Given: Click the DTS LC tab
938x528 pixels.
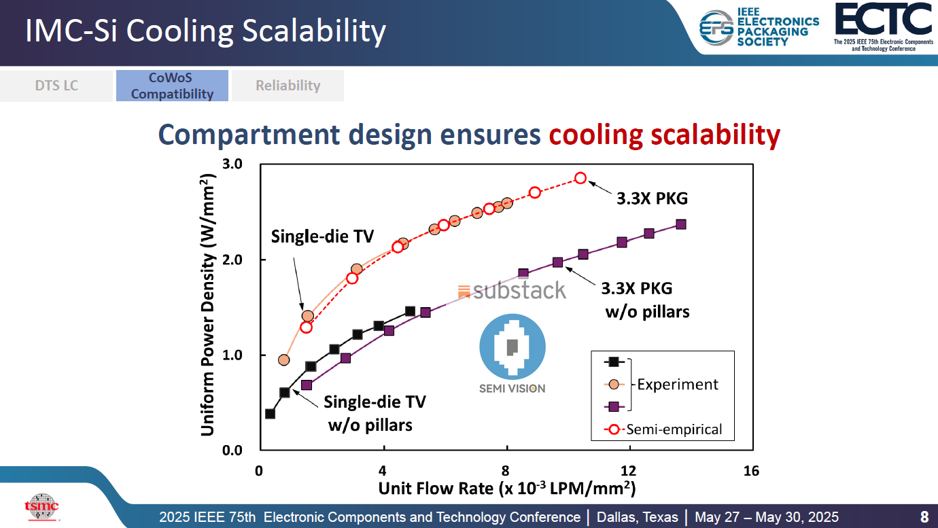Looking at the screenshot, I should (56, 86).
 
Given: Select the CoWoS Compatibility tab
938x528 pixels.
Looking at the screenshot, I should (172, 86).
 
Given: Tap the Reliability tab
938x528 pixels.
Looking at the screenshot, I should (288, 86).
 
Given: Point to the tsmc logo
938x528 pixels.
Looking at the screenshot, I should (41, 506).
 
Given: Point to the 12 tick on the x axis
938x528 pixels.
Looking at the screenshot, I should (628, 471).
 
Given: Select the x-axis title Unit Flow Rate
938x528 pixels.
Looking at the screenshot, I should (506, 488).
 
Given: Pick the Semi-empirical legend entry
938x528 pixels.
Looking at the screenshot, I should (674, 429).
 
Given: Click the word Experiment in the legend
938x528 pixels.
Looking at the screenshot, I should (677, 384).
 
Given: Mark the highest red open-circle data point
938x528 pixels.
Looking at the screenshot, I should (580, 178).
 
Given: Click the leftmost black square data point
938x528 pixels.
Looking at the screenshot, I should (270, 414).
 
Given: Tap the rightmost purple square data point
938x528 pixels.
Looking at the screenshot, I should (680, 224).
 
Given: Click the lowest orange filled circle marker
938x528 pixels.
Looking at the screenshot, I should (284, 359).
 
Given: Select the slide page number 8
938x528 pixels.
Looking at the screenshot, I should (924, 516).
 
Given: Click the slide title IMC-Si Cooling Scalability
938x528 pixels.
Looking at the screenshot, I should (205, 31).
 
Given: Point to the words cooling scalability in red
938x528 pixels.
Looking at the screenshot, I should (664, 135).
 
